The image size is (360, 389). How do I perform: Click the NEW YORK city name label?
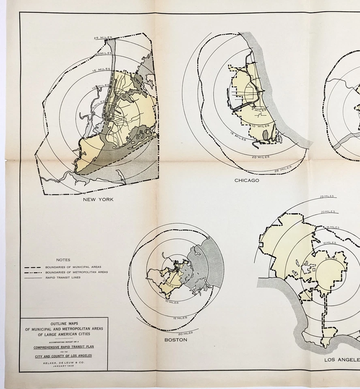pyautogui.click(x=98, y=199)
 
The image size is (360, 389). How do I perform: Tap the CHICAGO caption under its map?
pyautogui.click(x=246, y=180)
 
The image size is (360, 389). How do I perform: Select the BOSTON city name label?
pyautogui.click(x=176, y=340)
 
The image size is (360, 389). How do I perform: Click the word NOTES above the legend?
pyautogui.click(x=63, y=260)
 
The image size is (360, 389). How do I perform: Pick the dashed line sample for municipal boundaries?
pyautogui.click(x=32, y=267)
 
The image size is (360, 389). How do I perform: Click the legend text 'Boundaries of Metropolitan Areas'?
pyautogui.click(x=76, y=272)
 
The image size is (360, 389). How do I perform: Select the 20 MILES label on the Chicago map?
pyautogui.click(x=260, y=157)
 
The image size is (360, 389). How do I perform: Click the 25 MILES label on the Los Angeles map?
pyautogui.click(x=327, y=197)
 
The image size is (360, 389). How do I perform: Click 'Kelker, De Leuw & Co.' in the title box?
pyautogui.click(x=64, y=363)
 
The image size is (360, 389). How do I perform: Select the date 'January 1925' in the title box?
pyautogui.click(x=64, y=367)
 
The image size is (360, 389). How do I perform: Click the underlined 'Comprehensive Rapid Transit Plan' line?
pyautogui.click(x=64, y=347)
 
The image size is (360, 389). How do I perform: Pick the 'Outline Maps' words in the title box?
pyautogui.click(x=64, y=324)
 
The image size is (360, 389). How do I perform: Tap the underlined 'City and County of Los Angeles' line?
pyautogui.click(x=64, y=356)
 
